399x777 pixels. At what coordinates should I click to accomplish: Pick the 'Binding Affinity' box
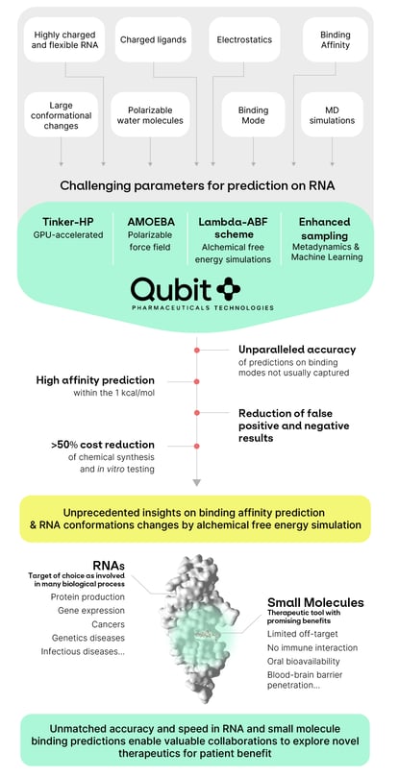click(335, 39)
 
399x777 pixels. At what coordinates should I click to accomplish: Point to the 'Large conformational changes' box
click(61, 114)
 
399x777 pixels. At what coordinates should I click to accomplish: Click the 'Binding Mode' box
click(254, 114)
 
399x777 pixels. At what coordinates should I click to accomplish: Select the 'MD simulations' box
click(333, 114)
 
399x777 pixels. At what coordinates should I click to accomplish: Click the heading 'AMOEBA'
click(150, 221)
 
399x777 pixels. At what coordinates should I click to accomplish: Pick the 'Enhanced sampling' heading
click(324, 228)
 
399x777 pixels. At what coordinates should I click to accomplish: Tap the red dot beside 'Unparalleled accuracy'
click(197, 350)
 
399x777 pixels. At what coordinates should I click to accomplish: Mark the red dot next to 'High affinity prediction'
click(197, 381)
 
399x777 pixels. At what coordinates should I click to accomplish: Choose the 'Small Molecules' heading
click(314, 603)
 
